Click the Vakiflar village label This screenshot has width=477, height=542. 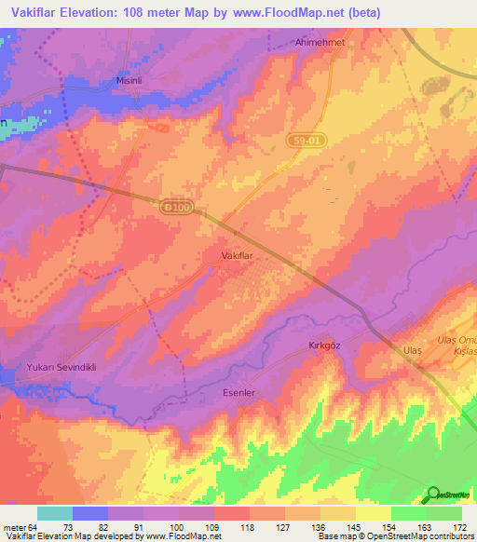(238, 254)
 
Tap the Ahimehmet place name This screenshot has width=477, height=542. (294, 43)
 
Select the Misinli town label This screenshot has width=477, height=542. (128, 81)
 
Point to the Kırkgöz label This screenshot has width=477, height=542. (326, 346)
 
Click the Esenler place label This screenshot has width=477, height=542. (238, 393)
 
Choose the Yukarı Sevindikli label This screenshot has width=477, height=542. (61, 367)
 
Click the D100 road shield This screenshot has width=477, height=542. (175, 208)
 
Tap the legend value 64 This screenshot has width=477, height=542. (34, 526)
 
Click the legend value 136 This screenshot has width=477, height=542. (320, 526)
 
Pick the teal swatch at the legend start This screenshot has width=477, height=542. (55, 513)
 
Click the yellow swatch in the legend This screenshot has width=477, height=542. (373, 513)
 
